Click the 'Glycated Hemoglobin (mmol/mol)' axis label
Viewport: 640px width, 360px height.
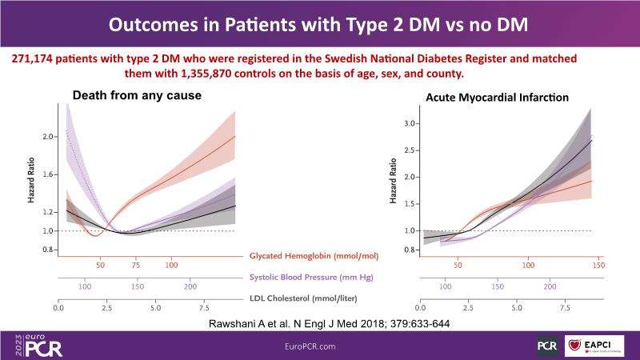tap(314, 256)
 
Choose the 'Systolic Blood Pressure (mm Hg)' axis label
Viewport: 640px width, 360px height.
tap(314, 278)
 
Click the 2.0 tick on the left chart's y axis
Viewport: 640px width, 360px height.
tap(48, 137)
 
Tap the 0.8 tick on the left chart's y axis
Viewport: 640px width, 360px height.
tap(48, 250)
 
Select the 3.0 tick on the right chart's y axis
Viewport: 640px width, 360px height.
tap(410, 124)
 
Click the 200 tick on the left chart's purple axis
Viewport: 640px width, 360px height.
tap(190, 286)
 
